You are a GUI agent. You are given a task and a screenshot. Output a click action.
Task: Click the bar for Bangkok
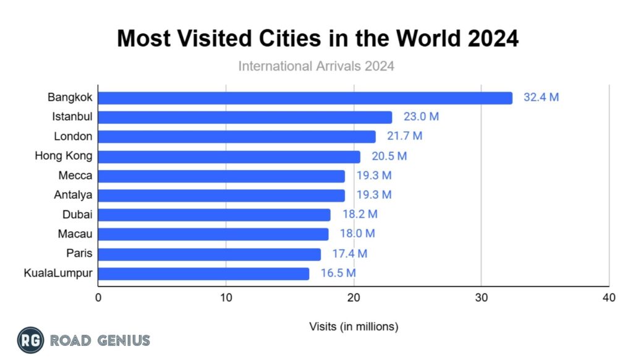point(305,98)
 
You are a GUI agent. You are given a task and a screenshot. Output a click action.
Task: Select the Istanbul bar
point(245,118)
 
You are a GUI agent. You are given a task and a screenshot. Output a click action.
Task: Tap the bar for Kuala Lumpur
point(203,273)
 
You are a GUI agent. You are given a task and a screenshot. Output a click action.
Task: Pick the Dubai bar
point(214,215)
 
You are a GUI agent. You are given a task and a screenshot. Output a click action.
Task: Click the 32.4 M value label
point(541,98)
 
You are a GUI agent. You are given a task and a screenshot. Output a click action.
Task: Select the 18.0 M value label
point(357,234)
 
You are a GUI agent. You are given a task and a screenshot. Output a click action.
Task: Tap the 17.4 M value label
point(349,254)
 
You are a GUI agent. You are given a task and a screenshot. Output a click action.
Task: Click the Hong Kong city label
point(64,156)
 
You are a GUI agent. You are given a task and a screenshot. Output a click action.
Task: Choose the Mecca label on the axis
point(75,176)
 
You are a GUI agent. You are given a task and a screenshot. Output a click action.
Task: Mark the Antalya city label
point(73,195)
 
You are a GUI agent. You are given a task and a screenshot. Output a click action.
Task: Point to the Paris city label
point(80,254)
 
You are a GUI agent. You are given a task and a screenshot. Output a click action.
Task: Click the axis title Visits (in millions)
point(354,325)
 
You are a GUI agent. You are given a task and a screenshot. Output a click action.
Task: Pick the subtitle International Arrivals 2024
point(316,65)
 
